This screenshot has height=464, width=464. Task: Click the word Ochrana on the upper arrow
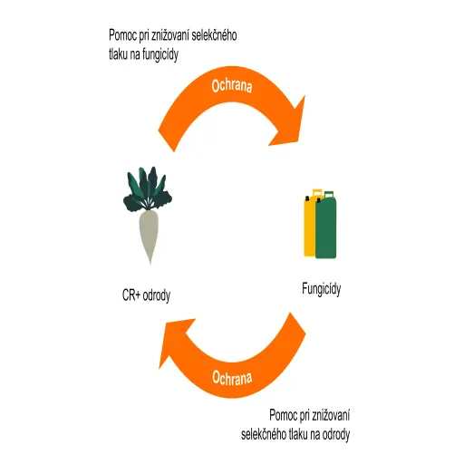click(x=232, y=86)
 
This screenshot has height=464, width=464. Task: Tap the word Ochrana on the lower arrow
click(x=232, y=378)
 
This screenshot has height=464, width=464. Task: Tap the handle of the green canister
click(x=329, y=194)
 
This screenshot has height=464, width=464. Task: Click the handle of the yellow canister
click(x=317, y=192)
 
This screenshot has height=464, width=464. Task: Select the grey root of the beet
click(x=149, y=233)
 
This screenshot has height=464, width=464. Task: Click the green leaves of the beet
click(x=148, y=189)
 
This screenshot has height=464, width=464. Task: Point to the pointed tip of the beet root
click(x=150, y=265)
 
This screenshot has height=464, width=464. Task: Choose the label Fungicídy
click(x=322, y=289)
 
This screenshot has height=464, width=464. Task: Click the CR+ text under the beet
click(x=131, y=295)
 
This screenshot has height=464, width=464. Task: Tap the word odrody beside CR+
click(x=157, y=295)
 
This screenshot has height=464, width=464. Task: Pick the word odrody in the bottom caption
click(x=336, y=435)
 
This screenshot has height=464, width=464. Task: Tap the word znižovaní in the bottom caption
click(x=331, y=415)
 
